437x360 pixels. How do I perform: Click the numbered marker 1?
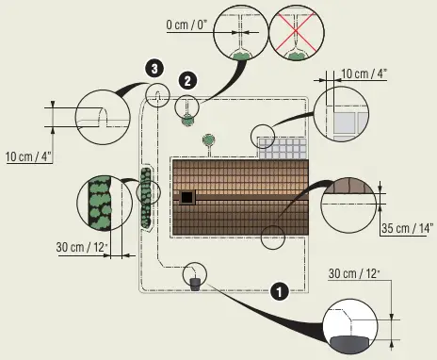tap(278, 290)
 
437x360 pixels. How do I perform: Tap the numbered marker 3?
tap(154, 68)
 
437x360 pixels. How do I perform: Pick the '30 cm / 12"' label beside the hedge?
tap(83, 247)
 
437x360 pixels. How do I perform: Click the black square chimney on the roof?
tap(187, 196)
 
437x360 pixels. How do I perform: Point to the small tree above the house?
tap(208, 141)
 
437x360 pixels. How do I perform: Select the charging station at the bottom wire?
tap(195, 282)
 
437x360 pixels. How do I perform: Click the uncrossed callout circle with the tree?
tap(241, 38)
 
